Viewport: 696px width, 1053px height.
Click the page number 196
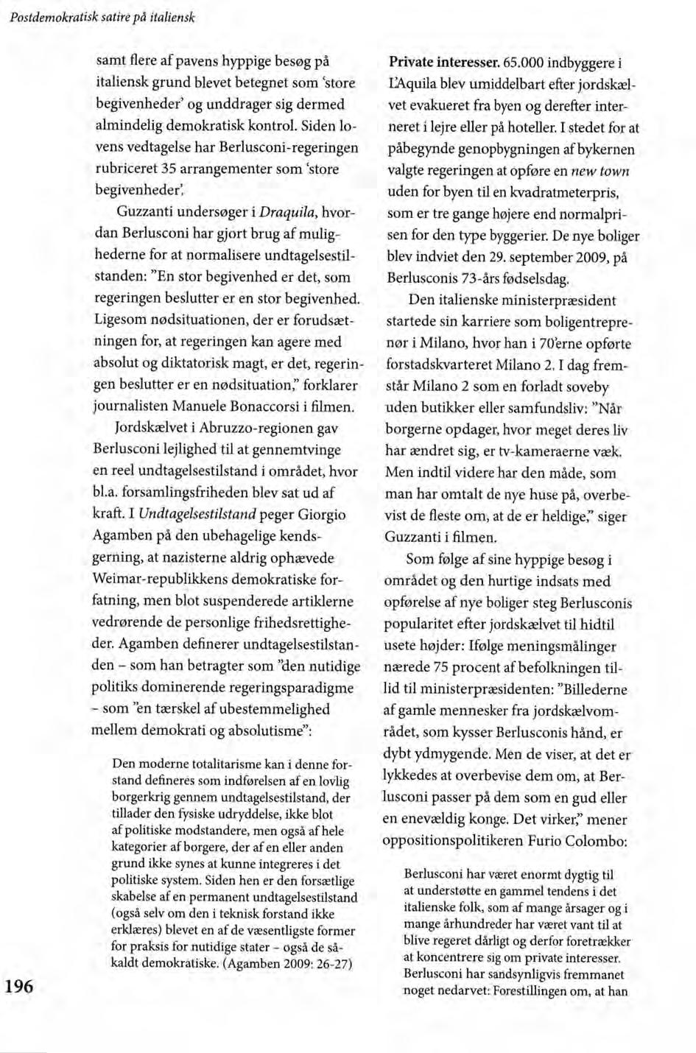point(18,986)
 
